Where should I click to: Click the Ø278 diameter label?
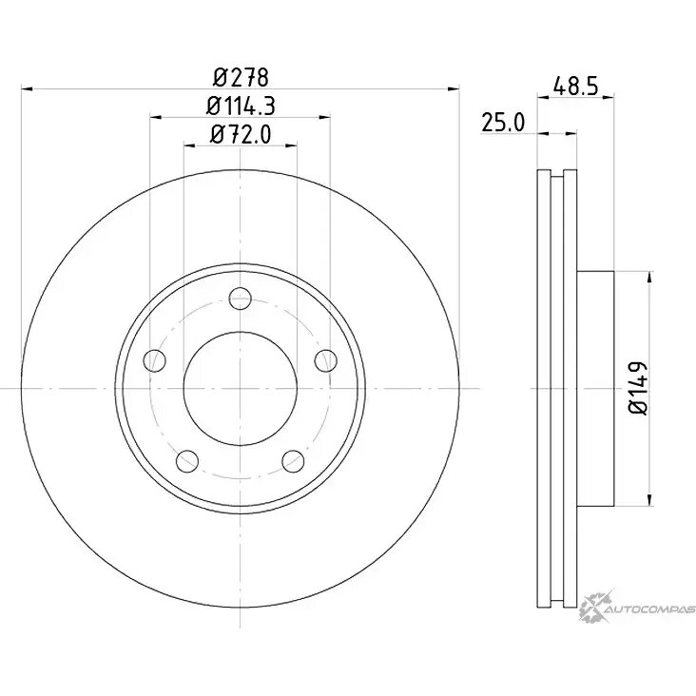click(241, 77)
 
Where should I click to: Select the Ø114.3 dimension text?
click(241, 106)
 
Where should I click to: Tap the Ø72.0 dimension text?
click(241, 134)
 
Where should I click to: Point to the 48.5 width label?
click(576, 87)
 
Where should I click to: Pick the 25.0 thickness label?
click(503, 123)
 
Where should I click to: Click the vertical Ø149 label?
click(639, 388)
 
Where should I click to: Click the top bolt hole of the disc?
click(241, 299)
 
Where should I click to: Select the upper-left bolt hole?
click(154, 360)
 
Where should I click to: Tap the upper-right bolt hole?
click(326, 360)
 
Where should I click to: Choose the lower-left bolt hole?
click(187, 461)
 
